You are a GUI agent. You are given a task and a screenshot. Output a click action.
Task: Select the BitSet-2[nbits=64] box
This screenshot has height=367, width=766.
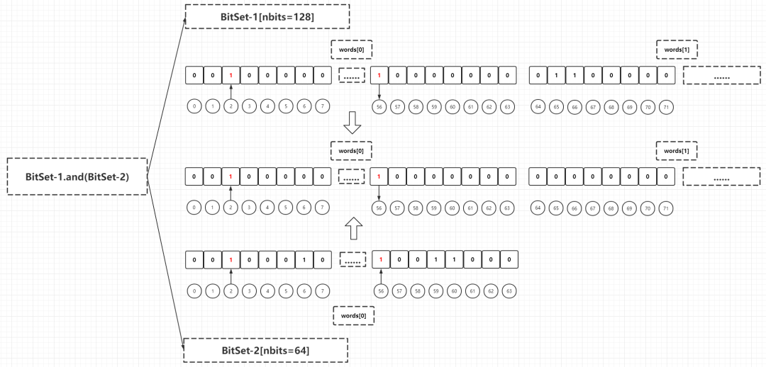265,350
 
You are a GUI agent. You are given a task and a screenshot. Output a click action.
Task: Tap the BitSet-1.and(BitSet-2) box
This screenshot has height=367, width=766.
77,176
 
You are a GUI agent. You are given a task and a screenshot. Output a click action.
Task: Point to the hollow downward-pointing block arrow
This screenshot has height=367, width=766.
352,123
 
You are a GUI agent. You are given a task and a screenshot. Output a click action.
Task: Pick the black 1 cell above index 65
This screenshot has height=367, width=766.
557,76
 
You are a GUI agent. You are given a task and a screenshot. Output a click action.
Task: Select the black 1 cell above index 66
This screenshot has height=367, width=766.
575,76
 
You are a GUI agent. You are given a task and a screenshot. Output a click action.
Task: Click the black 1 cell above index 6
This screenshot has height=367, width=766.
305,260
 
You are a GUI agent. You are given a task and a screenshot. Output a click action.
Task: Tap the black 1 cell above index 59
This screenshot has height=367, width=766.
434,260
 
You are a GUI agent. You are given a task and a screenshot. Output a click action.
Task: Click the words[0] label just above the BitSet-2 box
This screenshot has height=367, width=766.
353,315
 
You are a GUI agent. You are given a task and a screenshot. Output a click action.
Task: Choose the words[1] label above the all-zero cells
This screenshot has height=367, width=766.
677,151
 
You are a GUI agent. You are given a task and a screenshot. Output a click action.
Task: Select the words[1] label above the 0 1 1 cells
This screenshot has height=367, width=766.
677,50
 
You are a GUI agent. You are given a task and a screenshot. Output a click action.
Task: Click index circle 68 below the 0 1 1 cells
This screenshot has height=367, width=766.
611,107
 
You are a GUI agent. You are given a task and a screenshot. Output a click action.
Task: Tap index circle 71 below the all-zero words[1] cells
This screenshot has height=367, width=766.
665,208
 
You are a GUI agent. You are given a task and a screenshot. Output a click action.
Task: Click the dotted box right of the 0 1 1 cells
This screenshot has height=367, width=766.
721,76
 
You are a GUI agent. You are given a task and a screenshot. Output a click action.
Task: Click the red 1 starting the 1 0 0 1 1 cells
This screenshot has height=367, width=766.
380,260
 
